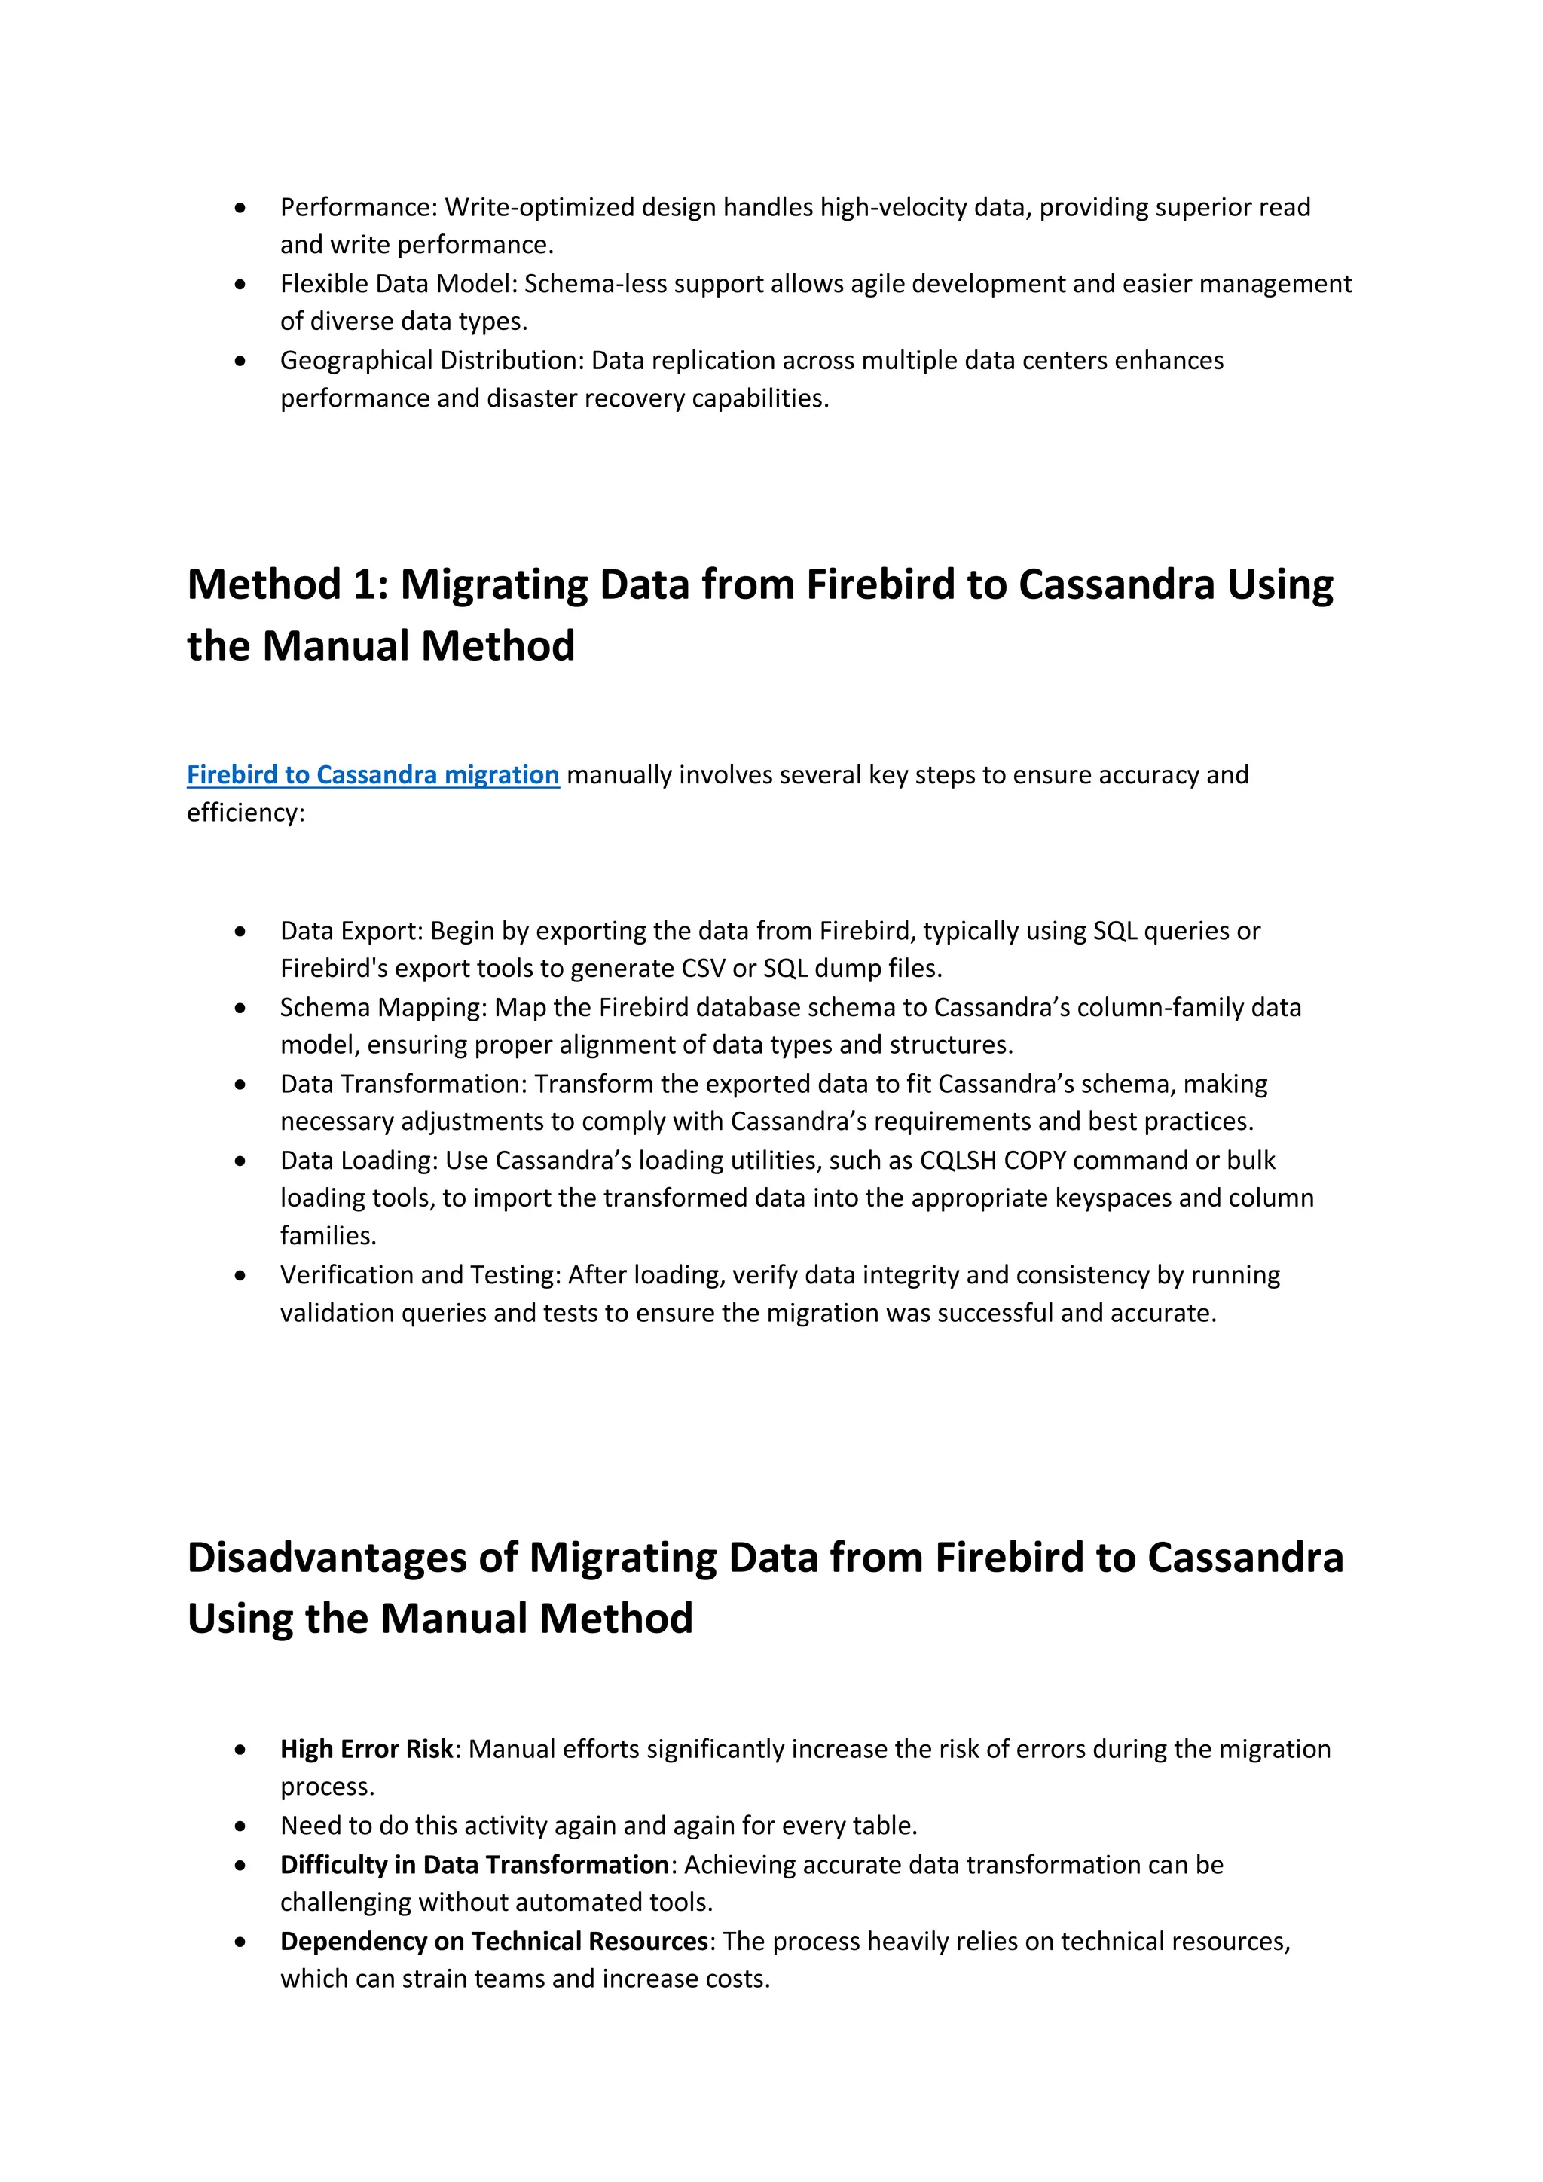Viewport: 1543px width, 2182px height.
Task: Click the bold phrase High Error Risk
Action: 366,1749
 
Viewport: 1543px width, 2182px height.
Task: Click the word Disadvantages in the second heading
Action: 352,1558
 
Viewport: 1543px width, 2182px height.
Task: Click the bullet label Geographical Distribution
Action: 431,360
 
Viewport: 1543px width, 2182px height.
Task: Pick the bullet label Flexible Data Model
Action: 397,283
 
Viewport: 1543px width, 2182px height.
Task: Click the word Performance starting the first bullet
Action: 356,207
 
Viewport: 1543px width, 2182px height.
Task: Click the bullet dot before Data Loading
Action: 240,1161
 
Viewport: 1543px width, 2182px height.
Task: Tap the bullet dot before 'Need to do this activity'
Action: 240,1826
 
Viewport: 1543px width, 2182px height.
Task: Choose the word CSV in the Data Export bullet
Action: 704,969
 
